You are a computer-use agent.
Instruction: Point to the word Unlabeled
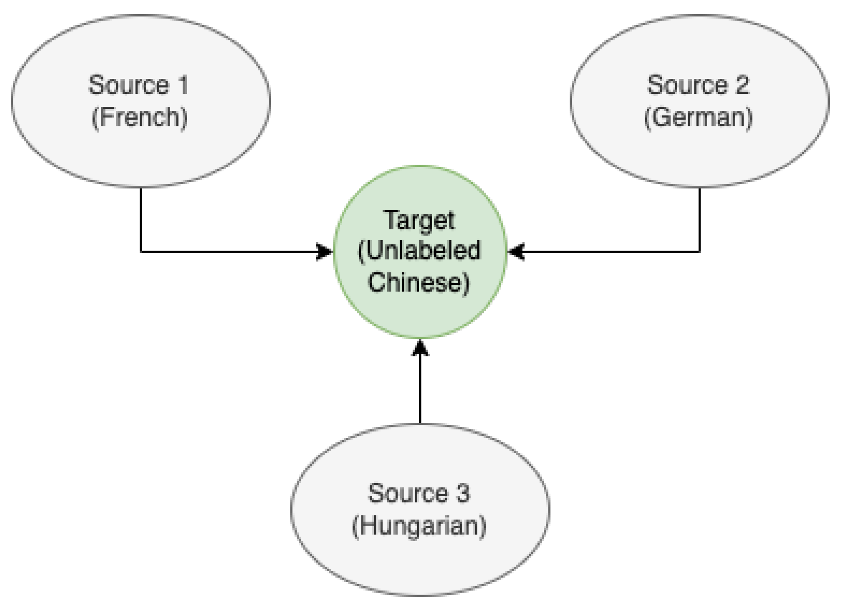tap(423, 251)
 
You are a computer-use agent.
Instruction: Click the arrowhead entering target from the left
tap(325, 252)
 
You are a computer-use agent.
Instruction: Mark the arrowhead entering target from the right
tap(516, 252)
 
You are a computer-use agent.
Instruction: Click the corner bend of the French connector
tap(141, 252)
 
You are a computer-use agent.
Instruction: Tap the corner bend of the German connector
tap(699, 252)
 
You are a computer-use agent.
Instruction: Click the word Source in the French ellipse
tap(129, 85)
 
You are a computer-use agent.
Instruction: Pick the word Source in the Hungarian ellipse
tap(408, 493)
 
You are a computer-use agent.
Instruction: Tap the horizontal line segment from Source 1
tap(229, 252)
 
